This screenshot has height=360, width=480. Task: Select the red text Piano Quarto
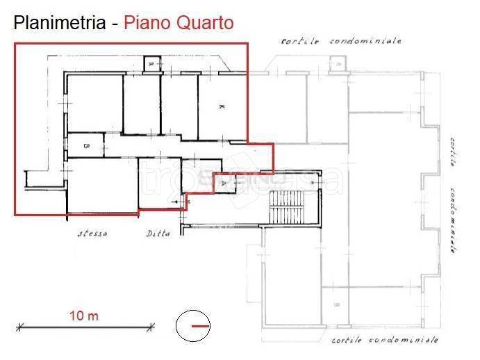click(x=179, y=23)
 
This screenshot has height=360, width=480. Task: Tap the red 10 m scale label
click(x=83, y=316)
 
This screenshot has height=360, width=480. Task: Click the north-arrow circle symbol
click(x=194, y=326)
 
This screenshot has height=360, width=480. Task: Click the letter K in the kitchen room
click(x=221, y=106)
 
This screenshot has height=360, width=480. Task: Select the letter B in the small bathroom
click(x=85, y=146)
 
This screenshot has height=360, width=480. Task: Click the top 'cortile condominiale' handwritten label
click(x=341, y=41)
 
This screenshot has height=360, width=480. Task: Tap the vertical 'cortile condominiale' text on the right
click(x=452, y=198)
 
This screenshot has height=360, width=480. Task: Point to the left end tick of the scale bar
click(x=18, y=326)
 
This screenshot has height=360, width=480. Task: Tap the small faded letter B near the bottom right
click(x=336, y=304)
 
